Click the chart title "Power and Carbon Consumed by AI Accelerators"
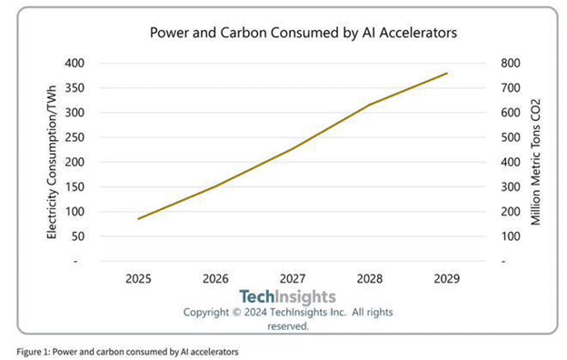click(x=303, y=33)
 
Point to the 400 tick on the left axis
click(x=75, y=64)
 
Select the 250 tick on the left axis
click(x=75, y=137)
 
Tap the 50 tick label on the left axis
click(x=77, y=236)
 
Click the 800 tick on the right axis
click(x=511, y=64)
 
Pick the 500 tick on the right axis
click(x=511, y=137)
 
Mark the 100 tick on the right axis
click(x=511, y=236)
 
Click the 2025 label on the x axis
click(x=138, y=278)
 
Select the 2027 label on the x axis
click(x=293, y=278)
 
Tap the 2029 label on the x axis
click(x=447, y=278)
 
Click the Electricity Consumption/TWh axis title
click(x=52, y=162)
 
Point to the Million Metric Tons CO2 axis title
click(x=535, y=162)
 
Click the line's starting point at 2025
click(x=138, y=218)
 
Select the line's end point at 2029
click(x=447, y=73)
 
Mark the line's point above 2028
click(x=370, y=105)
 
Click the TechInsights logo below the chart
click(x=287, y=296)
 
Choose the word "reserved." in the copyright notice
click(x=288, y=326)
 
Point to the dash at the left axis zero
click(x=75, y=261)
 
